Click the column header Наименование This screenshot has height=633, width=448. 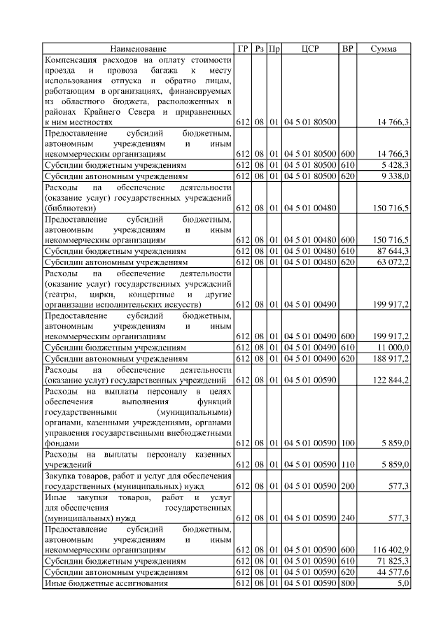point(138,48)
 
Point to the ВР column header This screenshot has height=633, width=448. point(347,48)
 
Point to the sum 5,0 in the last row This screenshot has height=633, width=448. point(402,583)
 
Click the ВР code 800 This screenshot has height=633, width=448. point(347,583)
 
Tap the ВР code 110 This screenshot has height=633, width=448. point(347,464)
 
